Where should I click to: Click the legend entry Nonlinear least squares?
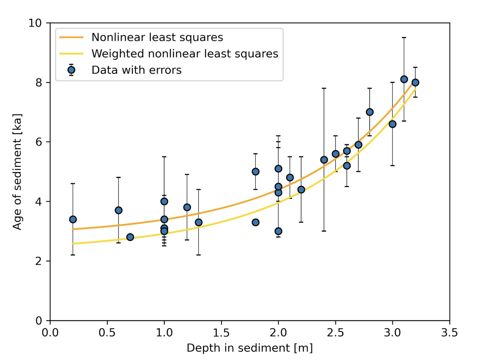pyautogui.click(x=157, y=37)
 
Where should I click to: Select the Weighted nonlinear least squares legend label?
pyautogui.click(x=185, y=54)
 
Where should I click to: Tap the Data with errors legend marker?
pyautogui.click(x=71, y=70)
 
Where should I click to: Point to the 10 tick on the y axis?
pyautogui.click(x=35, y=23)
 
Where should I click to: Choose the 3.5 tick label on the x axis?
pyautogui.click(x=449, y=333)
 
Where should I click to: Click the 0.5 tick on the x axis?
pyautogui.click(x=107, y=333)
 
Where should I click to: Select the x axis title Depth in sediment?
pyautogui.click(x=249, y=348)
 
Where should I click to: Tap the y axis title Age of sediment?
pyautogui.click(x=17, y=172)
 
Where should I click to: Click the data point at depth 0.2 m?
pyautogui.click(x=73, y=219)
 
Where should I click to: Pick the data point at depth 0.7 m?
pyautogui.click(x=130, y=237)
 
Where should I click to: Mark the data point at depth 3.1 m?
pyautogui.click(x=404, y=79)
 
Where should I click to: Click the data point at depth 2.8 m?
pyautogui.click(x=370, y=112)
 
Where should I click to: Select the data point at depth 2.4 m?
pyautogui.click(x=324, y=160)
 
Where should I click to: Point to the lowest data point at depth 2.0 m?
pyautogui.click(x=278, y=231)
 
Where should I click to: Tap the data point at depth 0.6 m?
pyautogui.click(x=118, y=210)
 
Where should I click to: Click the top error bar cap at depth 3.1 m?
pyautogui.click(x=404, y=38)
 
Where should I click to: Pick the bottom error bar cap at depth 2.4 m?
pyautogui.click(x=324, y=231)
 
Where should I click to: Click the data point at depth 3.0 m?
pyautogui.click(x=392, y=124)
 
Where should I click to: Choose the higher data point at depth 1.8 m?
pyautogui.click(x=255, y=172)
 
